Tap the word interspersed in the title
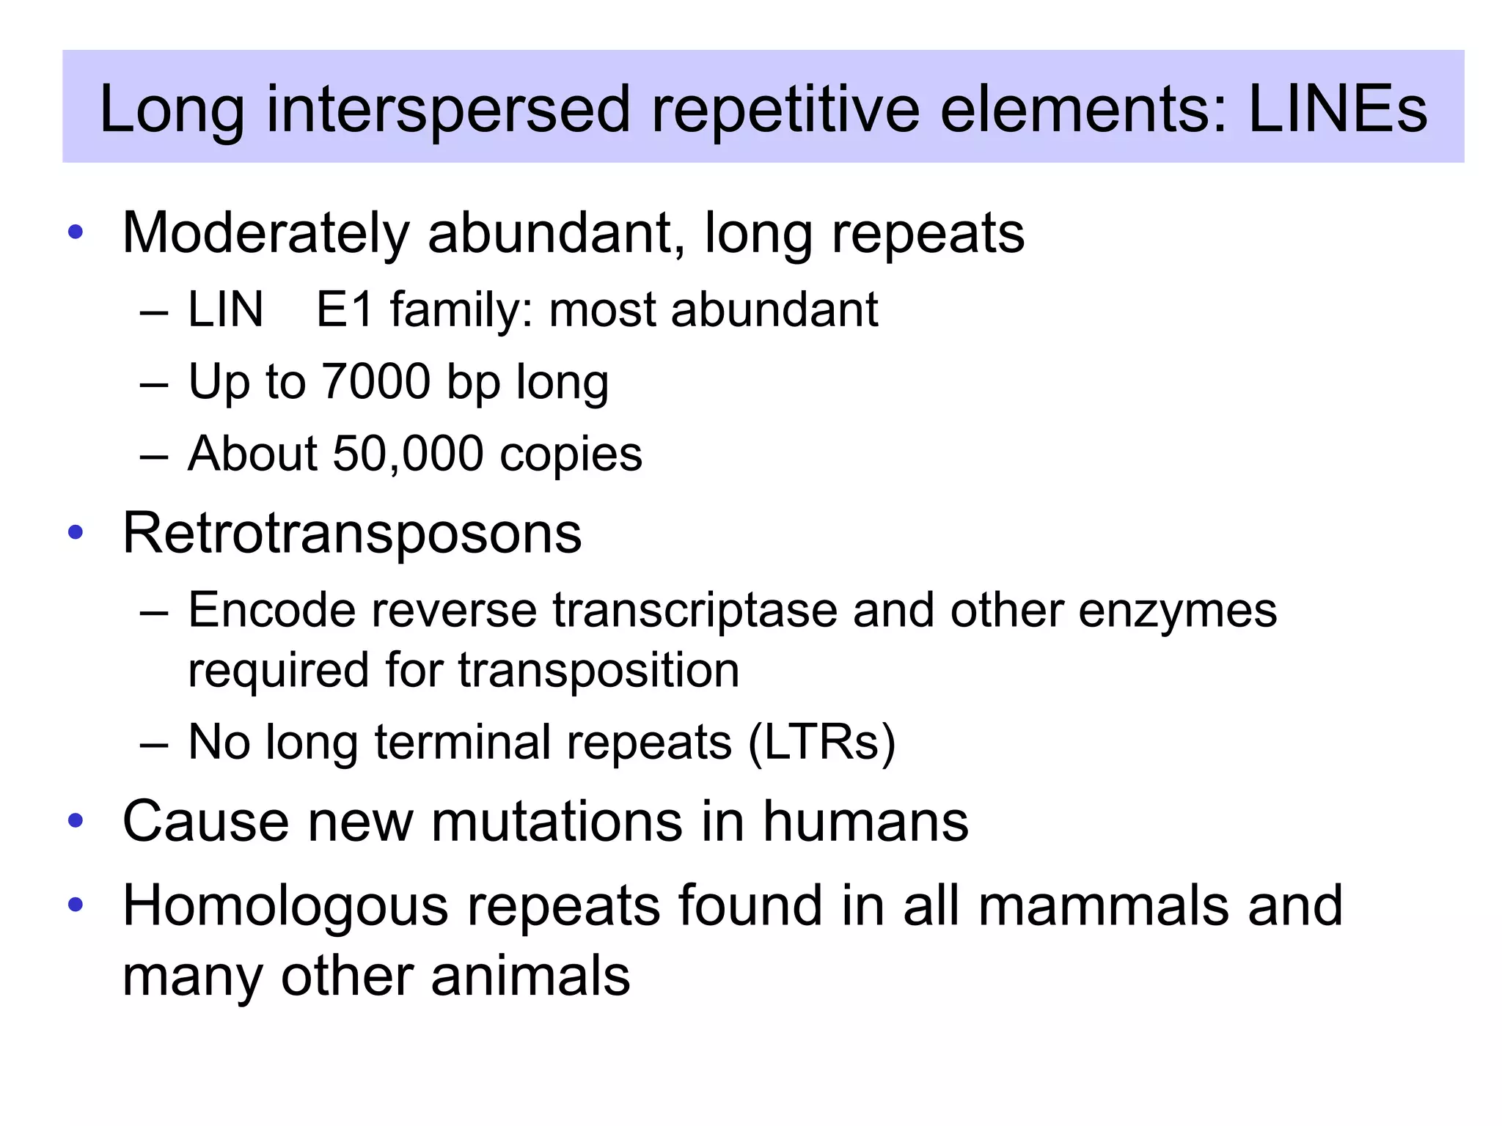(448, 109)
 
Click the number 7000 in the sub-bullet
(375, 381)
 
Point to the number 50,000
(408, 453)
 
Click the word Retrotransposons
(352, 534)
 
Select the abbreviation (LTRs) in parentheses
(821, 743)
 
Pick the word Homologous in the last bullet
(285, 906)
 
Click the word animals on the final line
(530, 976)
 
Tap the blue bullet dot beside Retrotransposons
(76, 532)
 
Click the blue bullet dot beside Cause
(76, 820)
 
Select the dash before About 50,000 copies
(154, 455)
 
